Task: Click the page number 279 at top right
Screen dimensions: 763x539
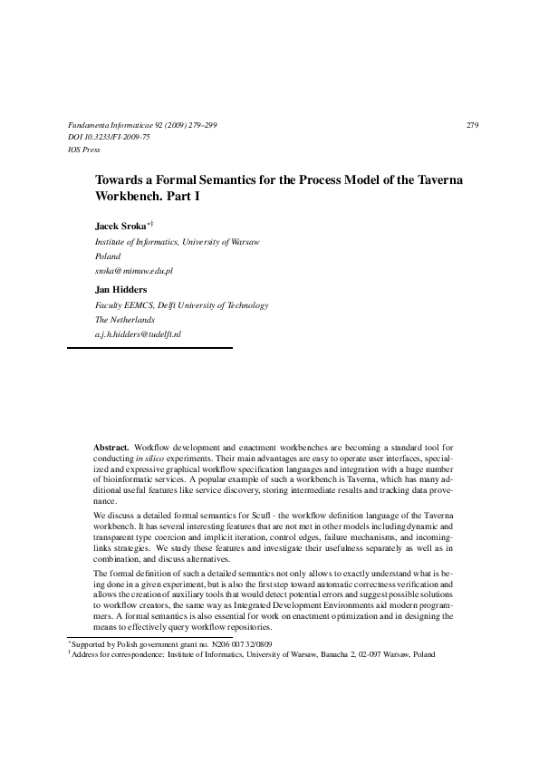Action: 471,124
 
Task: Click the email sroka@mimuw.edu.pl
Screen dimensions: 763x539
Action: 134,270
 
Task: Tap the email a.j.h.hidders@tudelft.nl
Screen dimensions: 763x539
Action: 139,334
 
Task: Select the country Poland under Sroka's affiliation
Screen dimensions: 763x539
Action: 108,256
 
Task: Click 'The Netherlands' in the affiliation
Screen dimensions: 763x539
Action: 125,320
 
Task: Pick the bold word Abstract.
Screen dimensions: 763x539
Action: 111,448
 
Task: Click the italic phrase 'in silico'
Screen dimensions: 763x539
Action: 164,459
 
